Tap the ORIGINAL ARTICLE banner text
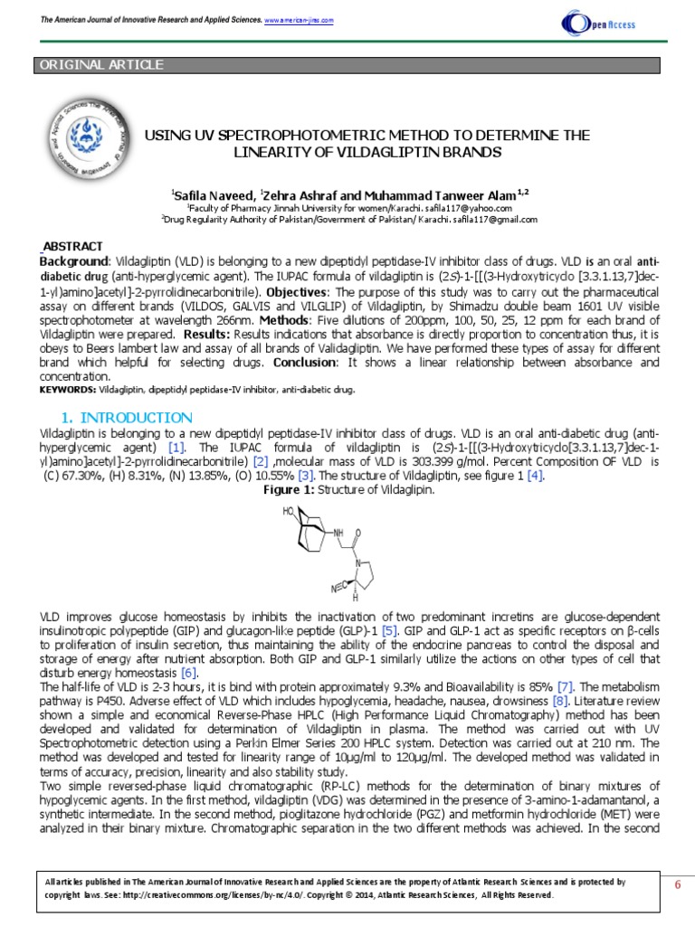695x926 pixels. (100, 65)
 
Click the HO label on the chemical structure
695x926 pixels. (289, 511)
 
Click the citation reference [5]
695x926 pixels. (389, 628)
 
